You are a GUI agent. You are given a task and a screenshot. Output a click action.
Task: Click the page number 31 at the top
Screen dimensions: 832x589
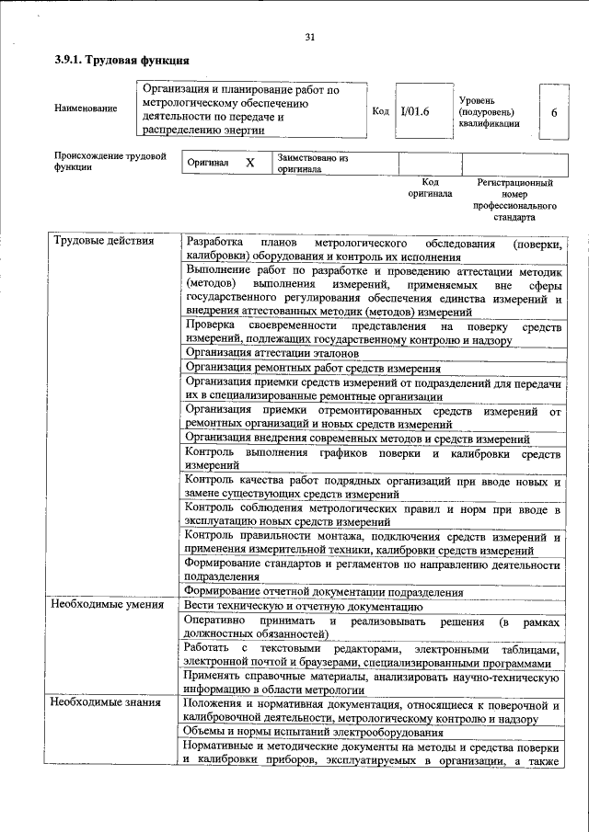point(309,37)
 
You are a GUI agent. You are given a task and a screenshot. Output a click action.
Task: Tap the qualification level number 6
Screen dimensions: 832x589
point(553,111)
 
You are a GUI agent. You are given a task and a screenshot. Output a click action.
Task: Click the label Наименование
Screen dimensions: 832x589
point(86,109)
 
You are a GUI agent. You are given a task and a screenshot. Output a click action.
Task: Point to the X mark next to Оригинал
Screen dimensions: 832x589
point(248,163)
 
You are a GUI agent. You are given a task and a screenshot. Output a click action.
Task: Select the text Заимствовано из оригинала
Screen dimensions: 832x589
point(313,164)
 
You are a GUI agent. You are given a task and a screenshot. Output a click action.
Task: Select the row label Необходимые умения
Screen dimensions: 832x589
point(108,605)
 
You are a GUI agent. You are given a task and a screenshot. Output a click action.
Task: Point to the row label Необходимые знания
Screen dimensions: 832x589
point(107,702)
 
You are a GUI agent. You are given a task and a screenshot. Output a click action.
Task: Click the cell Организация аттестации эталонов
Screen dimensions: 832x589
point(271,352)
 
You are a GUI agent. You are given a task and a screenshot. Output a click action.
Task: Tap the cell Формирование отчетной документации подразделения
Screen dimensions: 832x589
point(324,591)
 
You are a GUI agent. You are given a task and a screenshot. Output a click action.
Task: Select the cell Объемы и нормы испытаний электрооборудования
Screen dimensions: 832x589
point(314,732)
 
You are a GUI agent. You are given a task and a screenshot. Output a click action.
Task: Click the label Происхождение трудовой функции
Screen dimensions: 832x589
point(110,162)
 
